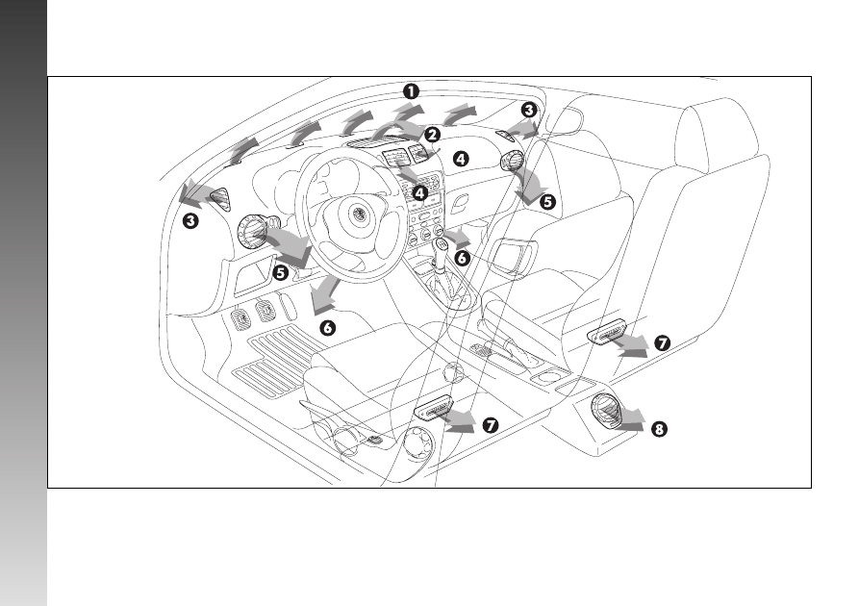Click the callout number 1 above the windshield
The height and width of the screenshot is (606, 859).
pos(411,91)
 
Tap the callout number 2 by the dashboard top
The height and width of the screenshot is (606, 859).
pos(433,135)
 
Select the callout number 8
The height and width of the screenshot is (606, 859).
pos(659,429)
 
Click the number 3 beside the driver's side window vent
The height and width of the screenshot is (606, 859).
pos(190,221)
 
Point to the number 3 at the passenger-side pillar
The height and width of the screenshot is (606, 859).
pos(529,110)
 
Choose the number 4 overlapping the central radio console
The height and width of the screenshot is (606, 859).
pos(420,193)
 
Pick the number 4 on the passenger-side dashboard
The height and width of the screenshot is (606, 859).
pos(462,159)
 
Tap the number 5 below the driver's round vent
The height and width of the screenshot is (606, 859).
pos(281,272)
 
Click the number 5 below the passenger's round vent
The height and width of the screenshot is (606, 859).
pos(547,202)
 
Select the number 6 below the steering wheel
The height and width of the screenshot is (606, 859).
pos(328,328)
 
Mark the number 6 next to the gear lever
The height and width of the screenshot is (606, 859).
pos(463,258)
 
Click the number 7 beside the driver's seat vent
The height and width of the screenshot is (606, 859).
pos(491,425)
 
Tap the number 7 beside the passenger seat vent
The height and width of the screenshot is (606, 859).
pos(663,343)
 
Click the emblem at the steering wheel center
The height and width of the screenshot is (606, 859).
pos(358,212)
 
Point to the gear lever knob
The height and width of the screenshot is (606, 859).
pos(442,246)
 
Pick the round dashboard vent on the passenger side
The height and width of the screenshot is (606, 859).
pos(512,160)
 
